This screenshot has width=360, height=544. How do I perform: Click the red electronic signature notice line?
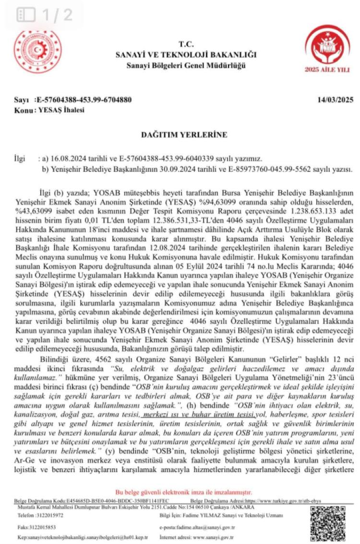pos(184,492)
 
